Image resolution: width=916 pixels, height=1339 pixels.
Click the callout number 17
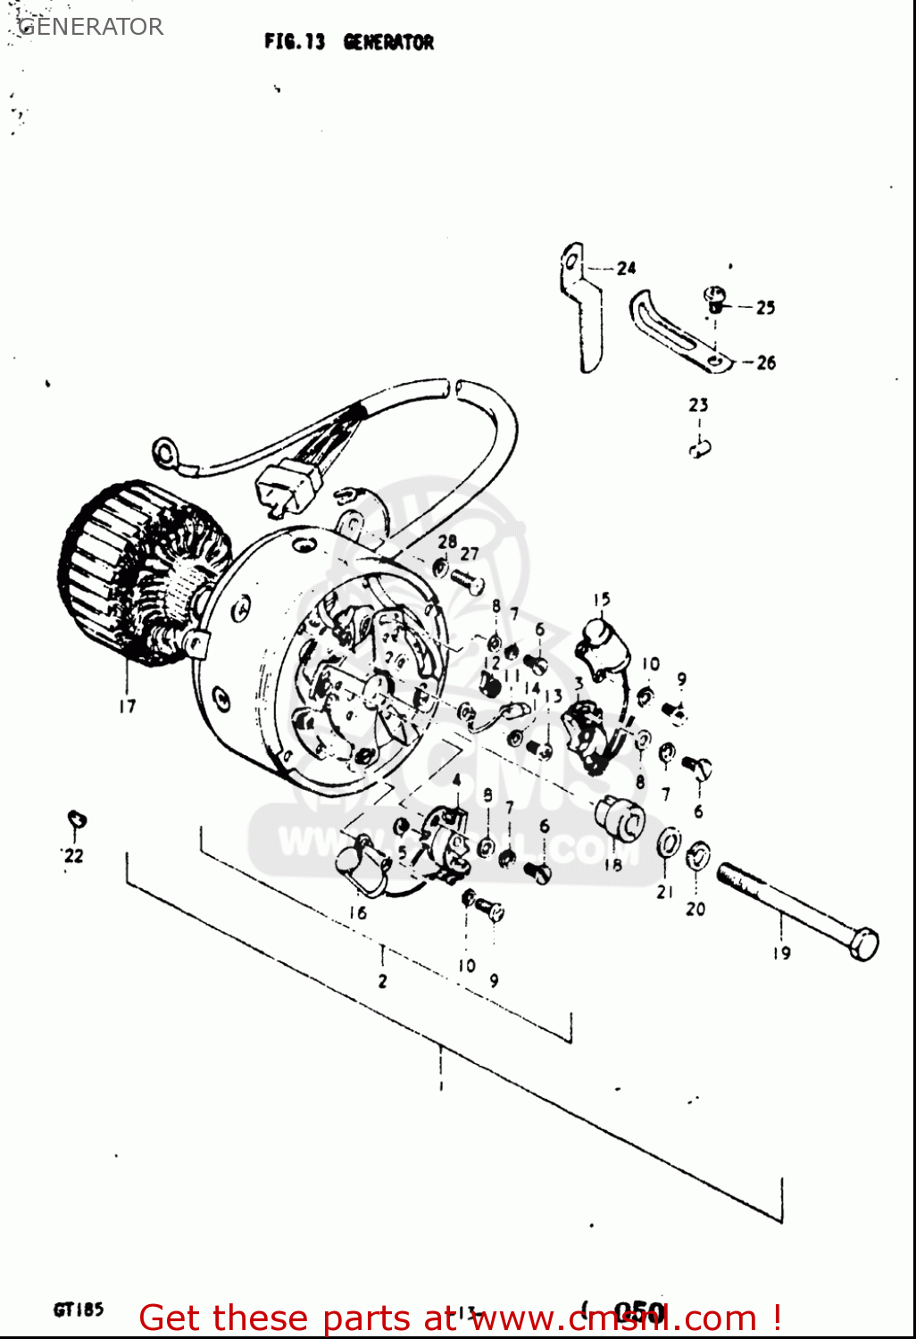click(x=128, y=706)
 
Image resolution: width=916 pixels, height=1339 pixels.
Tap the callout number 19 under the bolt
click(x=781, y=952)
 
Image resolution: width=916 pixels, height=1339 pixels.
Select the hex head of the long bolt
click(x=863, y=944)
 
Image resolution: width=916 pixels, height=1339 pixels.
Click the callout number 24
click(x=626, y=268)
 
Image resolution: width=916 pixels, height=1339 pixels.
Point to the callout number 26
click(x=765, y=362)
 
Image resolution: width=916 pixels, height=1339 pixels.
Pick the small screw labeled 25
click(x=714, y=297)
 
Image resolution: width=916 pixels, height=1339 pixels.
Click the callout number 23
click(x=698, y=405)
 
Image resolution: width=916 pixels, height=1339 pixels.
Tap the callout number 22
click(x=73, y=855)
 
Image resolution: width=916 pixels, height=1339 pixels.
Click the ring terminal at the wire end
click(x=165, y=453)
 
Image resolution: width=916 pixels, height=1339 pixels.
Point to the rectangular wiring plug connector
click(x=288, y=487)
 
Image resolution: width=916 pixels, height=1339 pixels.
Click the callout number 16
click(x=357, y=912)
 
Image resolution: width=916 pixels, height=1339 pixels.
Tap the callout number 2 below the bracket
click(x=382, y=981)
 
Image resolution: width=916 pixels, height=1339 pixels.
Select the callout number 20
click(x=695, y=909)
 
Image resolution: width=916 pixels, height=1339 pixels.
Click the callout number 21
click(x=664, y=892)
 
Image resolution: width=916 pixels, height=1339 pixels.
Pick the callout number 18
click(x=612, y=864)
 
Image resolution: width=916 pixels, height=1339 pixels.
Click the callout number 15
click(x=602, y=600)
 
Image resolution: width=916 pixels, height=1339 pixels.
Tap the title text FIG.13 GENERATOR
click(x=348, y=42)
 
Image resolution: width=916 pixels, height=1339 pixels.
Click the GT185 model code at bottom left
click(x=79, y=1310)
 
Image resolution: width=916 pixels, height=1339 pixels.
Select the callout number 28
click(x=446, y=541)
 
